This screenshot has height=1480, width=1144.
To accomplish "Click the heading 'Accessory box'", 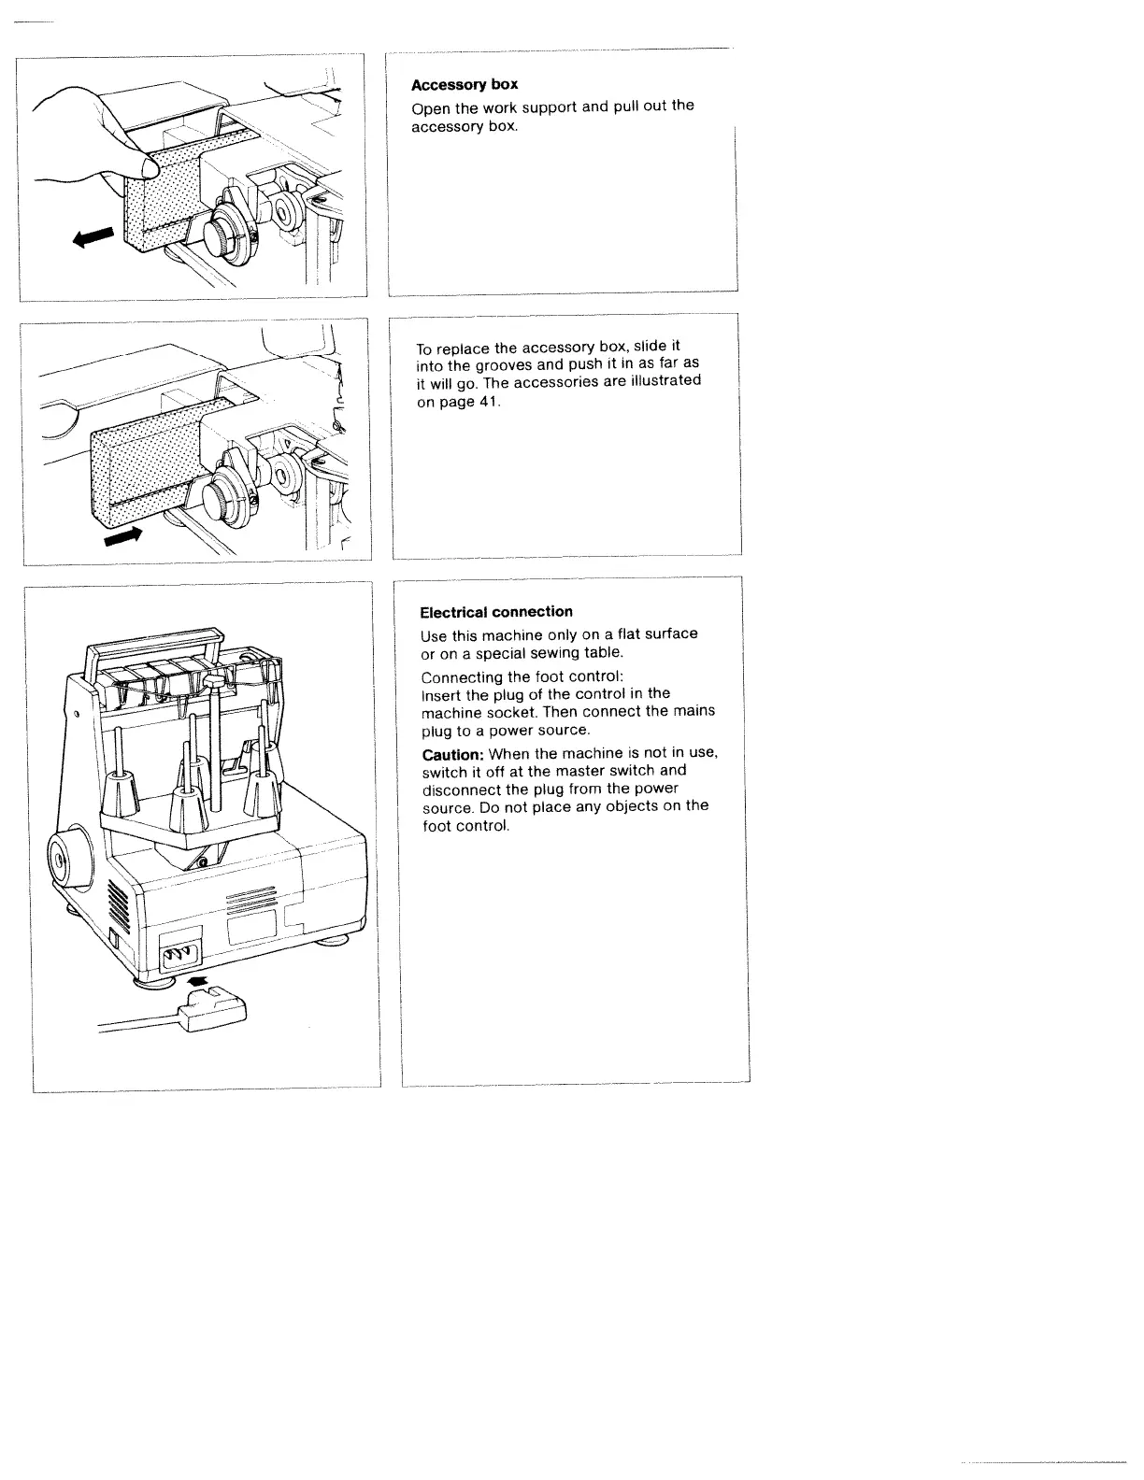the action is pos(465,85).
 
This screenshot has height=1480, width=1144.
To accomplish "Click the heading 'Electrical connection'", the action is pos(496,612).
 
